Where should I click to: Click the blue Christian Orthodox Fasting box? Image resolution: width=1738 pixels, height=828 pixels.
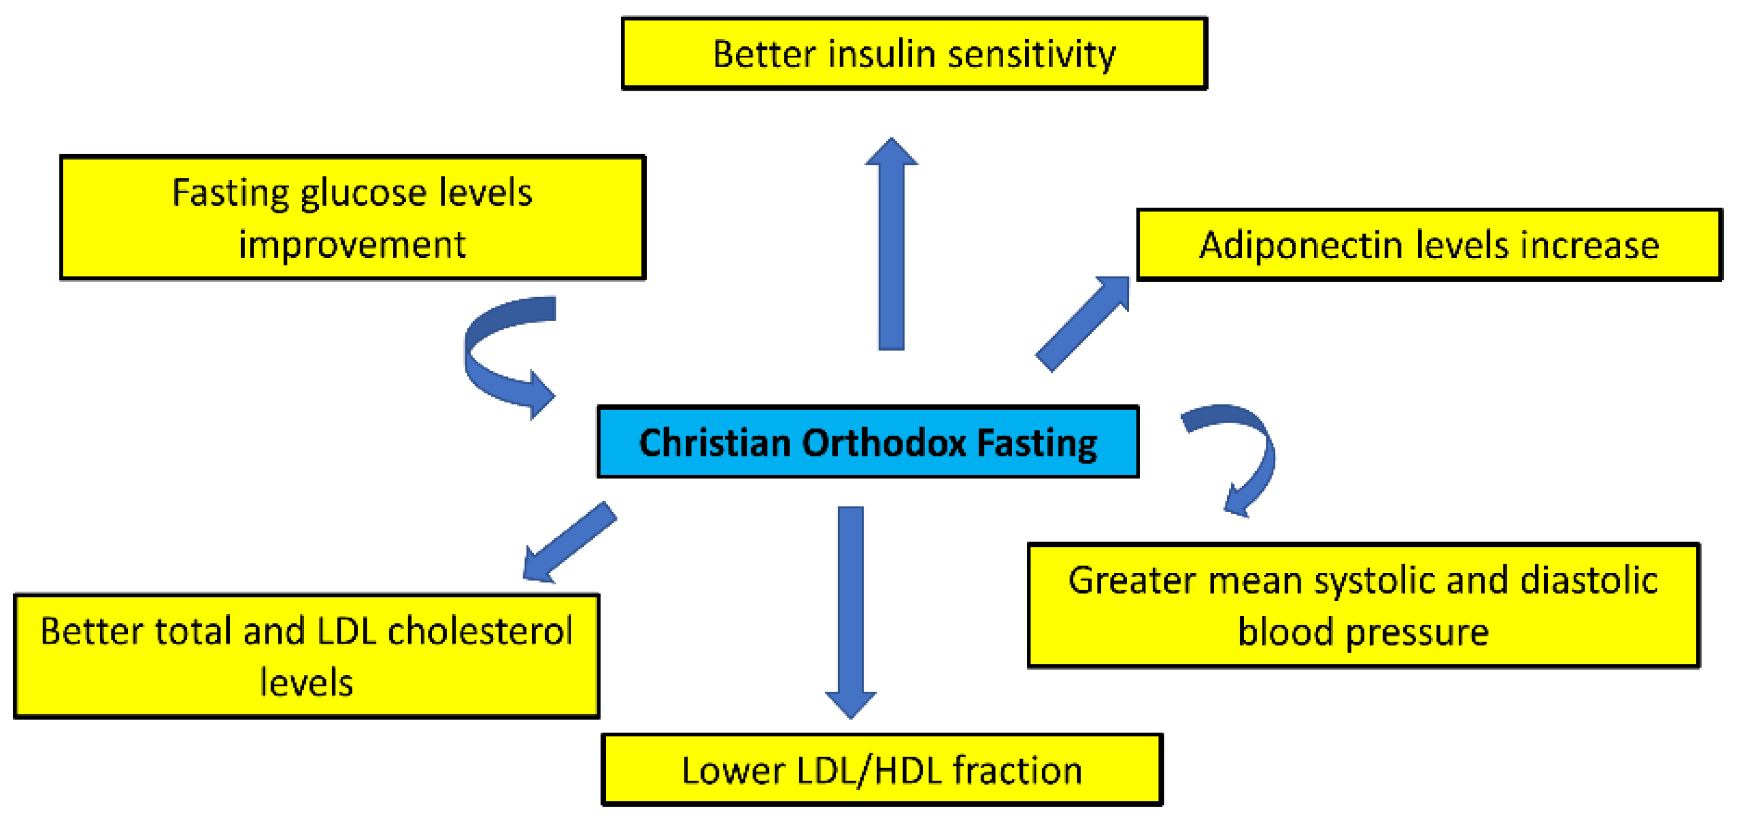point(868,443)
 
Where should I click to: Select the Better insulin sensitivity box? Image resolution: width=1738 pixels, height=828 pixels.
point(914,54)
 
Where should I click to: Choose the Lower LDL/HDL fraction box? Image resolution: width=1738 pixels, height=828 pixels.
point(881,770)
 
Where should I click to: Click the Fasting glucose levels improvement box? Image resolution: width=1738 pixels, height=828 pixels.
point(352,218)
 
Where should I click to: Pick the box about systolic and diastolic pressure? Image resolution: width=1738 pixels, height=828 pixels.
point(1363,605)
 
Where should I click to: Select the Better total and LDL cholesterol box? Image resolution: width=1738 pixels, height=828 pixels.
point(306,656)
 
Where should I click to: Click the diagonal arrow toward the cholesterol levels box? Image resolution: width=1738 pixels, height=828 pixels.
point(570,541)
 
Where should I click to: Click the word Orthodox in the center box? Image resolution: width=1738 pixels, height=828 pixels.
point(884,443)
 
